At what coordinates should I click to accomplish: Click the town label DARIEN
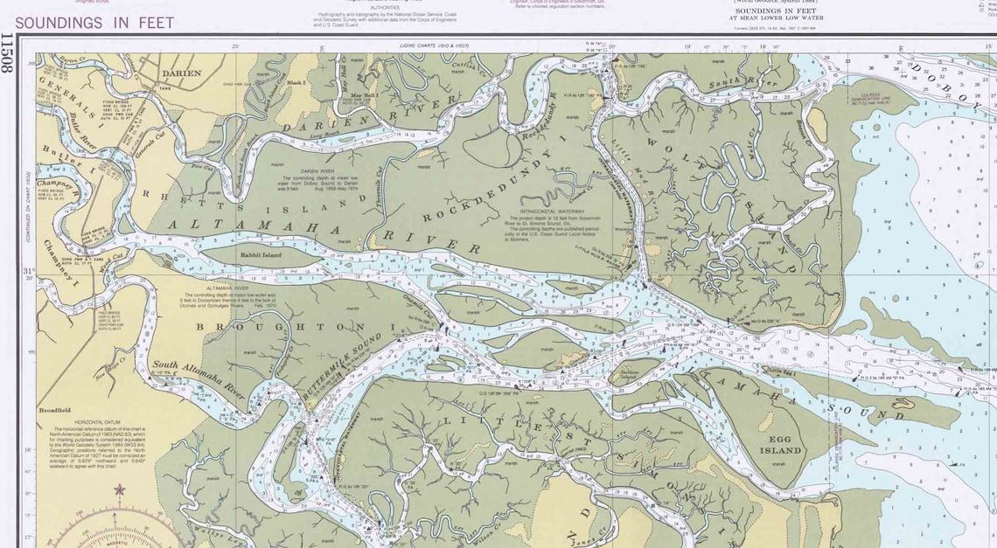pyautogui.click(x=181, y=74)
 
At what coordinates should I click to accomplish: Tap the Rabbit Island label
pyautogui.click(x=261, y=254)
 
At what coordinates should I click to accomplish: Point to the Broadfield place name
pyautogui.click(x=54, y=410)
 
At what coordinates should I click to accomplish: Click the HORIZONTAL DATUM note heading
pyautogui.click(x=97, y=421)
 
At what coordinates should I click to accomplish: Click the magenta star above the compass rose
pyautogui.click(x=119, y=490)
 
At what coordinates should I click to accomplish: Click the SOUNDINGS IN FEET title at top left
pyautogui.click(x=94, y=24)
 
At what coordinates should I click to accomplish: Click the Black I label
pyautogui.click(x=296, y=82)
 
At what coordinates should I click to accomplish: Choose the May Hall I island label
pyautogui.click(x=364, y=95)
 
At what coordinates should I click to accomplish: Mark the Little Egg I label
pyautogui.click(x=783, y=371)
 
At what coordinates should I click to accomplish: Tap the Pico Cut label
pyautogui.click(x=202, y=165)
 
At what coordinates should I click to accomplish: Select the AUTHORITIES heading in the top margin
pyautogui.click(x=385, y=7)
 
